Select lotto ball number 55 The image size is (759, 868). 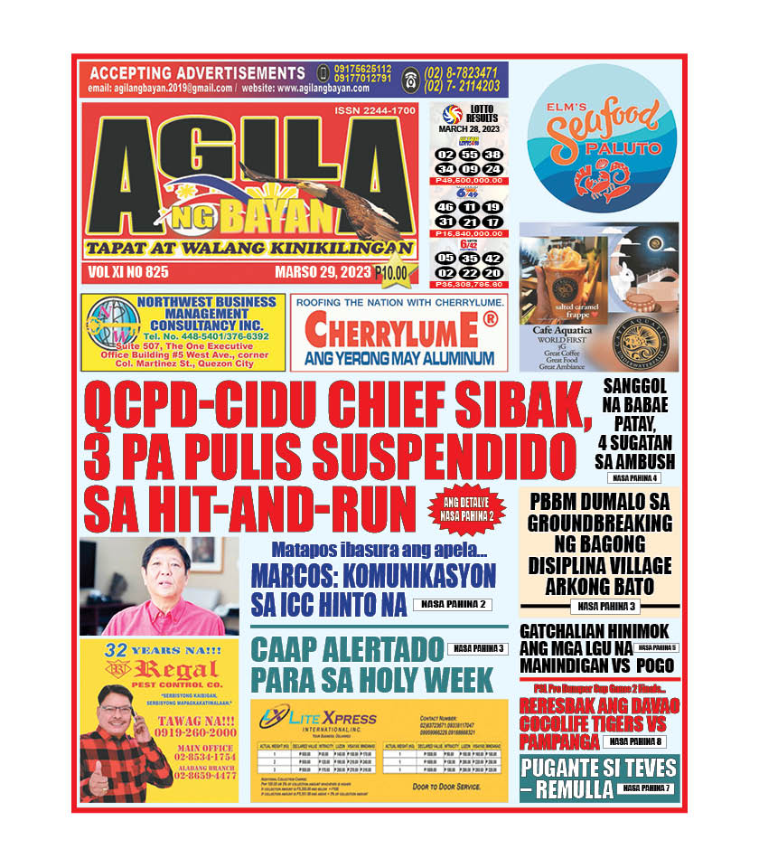pos(470,155)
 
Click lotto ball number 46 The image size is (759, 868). pos(445,208)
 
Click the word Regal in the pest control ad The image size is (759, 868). pos(168,669)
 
